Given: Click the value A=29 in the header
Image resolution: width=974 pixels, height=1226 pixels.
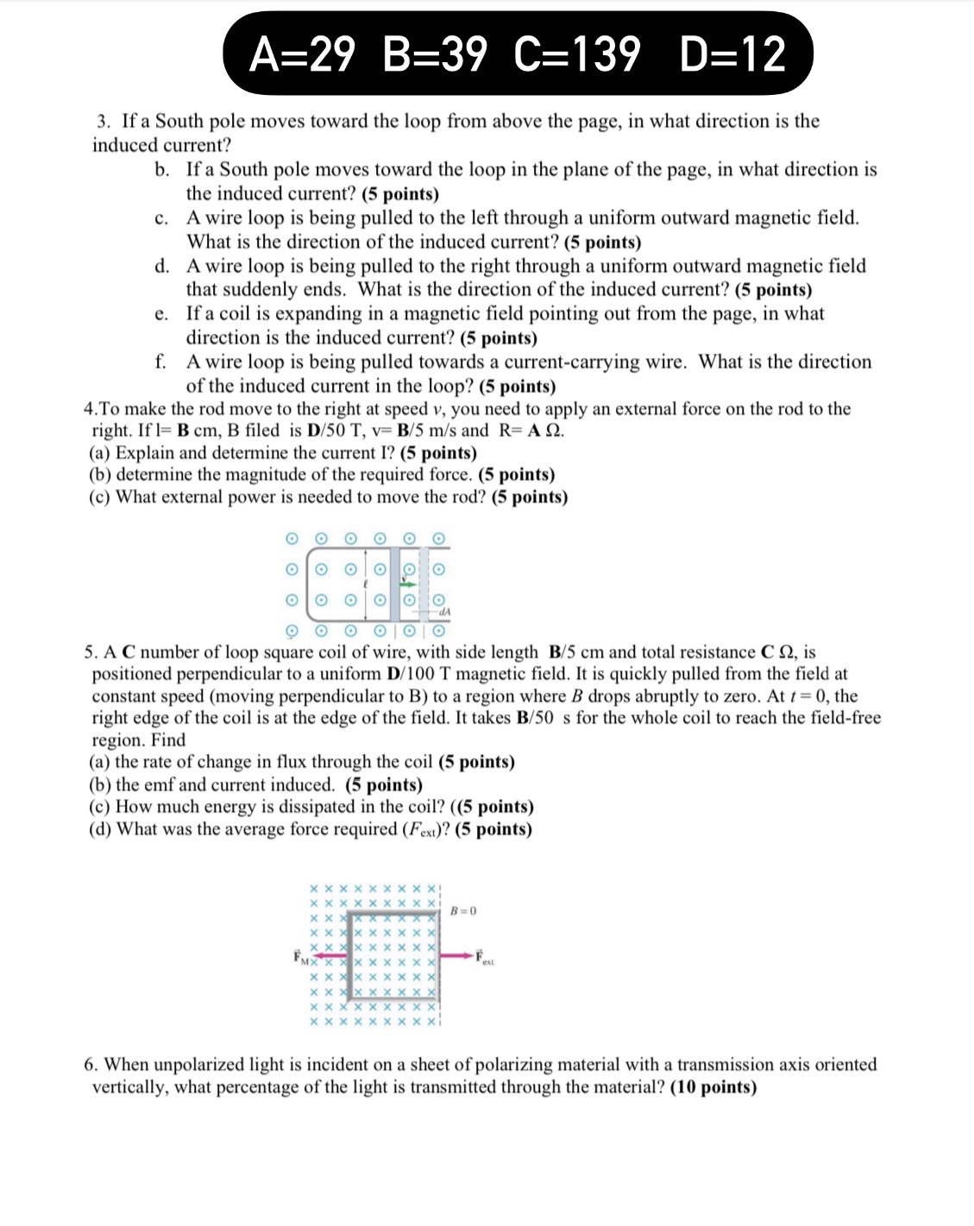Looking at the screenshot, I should (x=301, y=54).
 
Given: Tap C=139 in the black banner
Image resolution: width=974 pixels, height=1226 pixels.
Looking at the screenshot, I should (x=577, y=54).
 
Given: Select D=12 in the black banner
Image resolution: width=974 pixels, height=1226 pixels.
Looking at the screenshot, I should (x=732, y=54).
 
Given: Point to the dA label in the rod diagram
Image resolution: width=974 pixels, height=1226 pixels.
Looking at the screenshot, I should (x=444, y=612).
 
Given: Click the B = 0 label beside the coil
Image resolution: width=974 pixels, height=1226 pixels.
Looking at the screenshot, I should (x=463, y=910).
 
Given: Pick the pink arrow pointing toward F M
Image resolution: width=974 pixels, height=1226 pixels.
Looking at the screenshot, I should (x=325, y=955).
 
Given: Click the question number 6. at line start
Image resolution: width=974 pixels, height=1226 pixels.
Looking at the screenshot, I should (x=91, y=1065).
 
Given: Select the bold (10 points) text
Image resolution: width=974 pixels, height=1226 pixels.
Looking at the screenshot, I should (x=713, y=1087).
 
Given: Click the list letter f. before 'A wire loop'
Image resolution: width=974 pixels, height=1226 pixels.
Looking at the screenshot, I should (x=160, y=362).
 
